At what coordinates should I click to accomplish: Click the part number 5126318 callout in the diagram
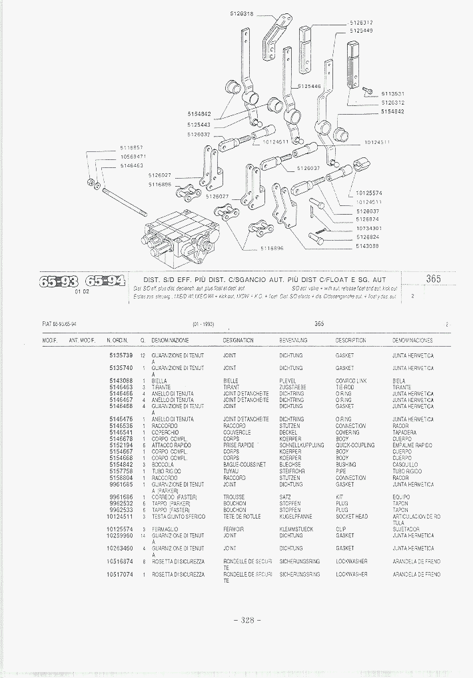coord(242,13)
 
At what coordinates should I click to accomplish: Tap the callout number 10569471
coord(133,156)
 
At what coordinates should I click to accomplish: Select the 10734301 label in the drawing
coord(368,228)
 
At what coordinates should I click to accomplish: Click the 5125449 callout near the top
coord(360,31)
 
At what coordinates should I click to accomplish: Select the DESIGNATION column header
coord(238,340)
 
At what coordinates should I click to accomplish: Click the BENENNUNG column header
coord(291,340)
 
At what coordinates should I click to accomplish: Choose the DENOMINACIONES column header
coord(413,340)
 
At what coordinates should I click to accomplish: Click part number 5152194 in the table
coord(121,445)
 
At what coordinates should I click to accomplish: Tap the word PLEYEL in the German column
coord(287,381)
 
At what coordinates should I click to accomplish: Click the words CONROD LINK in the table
coord(351,381)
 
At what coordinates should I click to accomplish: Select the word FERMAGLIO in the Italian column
coord(165,529)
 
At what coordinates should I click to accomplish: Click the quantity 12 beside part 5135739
coord(143,355)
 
